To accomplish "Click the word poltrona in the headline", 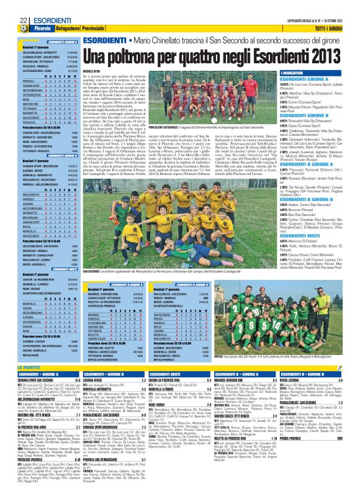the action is [x=126, y=57].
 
